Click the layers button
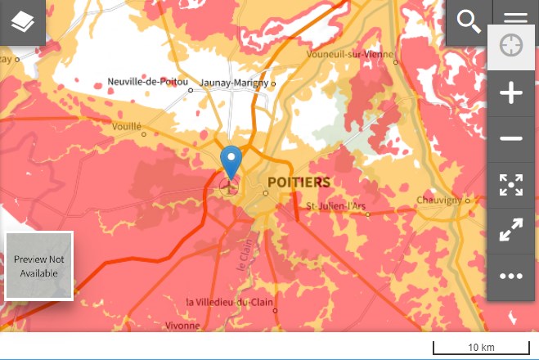22,22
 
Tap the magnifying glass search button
469,22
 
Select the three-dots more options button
511,277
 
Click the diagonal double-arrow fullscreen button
511,231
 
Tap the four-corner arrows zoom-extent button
511,185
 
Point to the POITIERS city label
299,182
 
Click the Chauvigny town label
439,200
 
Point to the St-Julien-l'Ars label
335,205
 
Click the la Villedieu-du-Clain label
227,302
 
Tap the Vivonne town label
182,325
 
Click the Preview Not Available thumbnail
39,266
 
